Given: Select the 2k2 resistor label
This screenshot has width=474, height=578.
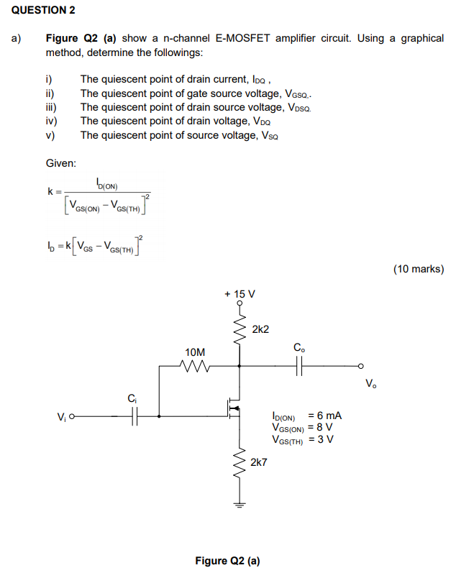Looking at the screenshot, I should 260,329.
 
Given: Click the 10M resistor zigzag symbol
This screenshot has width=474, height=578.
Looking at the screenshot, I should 195,366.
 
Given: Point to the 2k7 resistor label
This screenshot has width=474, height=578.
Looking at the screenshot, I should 258,462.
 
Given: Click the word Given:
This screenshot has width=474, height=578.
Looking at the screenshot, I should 61,163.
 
